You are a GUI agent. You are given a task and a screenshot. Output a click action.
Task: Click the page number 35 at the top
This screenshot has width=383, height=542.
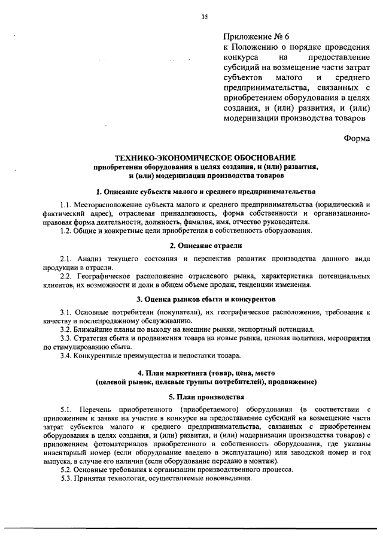(x=205, y=17)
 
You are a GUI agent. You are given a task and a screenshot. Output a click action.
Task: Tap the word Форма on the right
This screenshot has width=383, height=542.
(x=357, y=138)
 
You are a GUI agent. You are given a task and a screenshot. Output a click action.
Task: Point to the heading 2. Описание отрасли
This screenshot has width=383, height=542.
(x=205, y=246)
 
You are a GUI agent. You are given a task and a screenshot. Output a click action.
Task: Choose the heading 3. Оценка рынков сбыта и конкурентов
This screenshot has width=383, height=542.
(x=205, y=298)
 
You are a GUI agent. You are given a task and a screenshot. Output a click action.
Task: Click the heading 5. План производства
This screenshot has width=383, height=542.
(x=205, y=397)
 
